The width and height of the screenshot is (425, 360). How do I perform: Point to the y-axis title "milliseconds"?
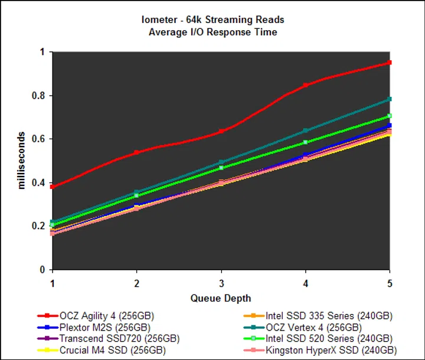coord(22,160)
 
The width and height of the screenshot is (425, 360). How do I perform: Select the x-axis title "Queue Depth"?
coord(220,298)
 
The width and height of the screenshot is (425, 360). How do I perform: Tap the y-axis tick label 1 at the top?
coord(42,52)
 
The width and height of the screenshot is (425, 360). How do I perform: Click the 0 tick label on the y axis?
coord(42,270)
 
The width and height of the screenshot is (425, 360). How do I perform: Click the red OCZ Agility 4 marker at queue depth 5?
coord(389,63)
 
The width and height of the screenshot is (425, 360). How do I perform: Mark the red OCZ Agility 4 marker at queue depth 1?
coord(53,186)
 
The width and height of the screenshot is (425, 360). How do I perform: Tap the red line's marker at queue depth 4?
coord(305,85)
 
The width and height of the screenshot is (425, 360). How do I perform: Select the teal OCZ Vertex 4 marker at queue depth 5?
coord(389,99)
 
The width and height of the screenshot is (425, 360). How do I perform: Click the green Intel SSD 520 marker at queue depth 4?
coord(305,142)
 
